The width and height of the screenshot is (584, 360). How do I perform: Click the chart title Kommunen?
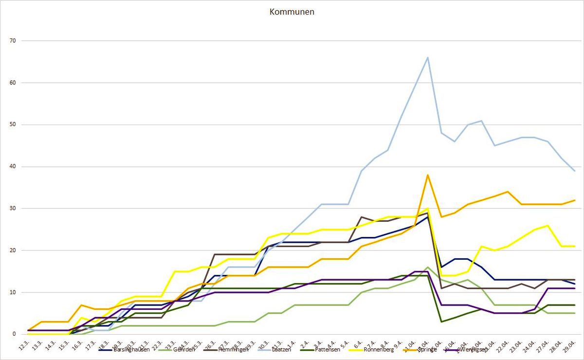click(292, 12)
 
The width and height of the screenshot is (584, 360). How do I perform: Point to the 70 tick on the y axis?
click(13, 41)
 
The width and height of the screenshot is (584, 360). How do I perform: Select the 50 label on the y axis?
click(13, 125)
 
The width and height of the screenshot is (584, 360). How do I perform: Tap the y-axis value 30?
click(13, 208)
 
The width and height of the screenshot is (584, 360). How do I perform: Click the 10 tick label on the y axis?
click(13, 292)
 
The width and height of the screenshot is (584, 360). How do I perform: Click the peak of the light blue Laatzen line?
click(427, 57)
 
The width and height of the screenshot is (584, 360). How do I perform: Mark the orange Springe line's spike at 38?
click(427, 175)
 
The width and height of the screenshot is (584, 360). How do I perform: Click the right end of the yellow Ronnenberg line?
click(575, 246)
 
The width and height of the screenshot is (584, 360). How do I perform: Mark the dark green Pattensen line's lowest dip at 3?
click(441, 322)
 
